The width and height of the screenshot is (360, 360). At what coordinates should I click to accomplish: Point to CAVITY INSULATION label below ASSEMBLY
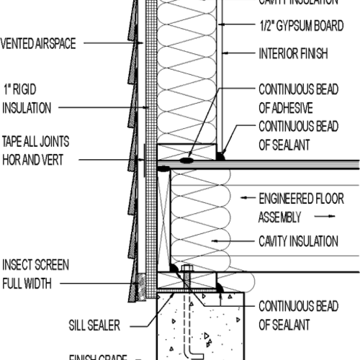pyautogui.click(x=297, y=240)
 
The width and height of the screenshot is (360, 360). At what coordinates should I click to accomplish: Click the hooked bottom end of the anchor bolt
pyautogui.click(x=192, y=353)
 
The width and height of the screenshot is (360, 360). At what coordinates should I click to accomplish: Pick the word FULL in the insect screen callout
pyautogui.click(x=14, y=284)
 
